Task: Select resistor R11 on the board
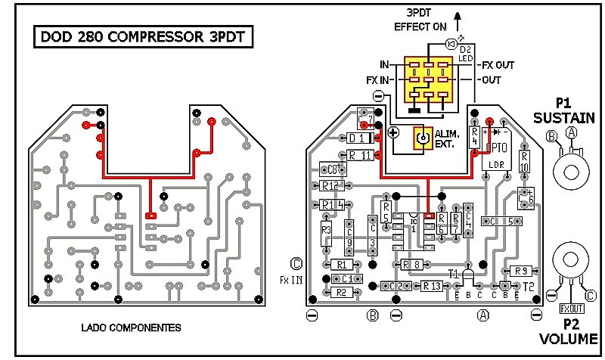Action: pyautogui.click(x=360, y=155)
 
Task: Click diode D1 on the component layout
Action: pyautogui.click(x=359, y=139)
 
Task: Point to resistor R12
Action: pyautogui.click(x=330, y=185)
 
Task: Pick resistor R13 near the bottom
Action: pyautogui.click(x=431, y=286)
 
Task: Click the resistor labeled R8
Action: pyautogui.click(x=413, y=264)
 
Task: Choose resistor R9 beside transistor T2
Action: pyautogui.click(x=520, y=271)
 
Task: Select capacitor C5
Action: pyautogui.click(x=506, y=222)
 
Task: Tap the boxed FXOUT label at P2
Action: pyautogui.click(x=572, y=309)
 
